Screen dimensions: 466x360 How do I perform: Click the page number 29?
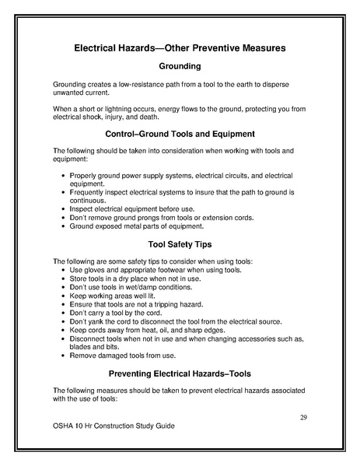tap(303, 418)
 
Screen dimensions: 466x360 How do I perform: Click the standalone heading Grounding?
tap(180, 66)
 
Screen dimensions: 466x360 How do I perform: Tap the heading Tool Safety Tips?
tap(180, 244)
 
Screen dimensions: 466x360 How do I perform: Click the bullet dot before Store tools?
tap(62, 278)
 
